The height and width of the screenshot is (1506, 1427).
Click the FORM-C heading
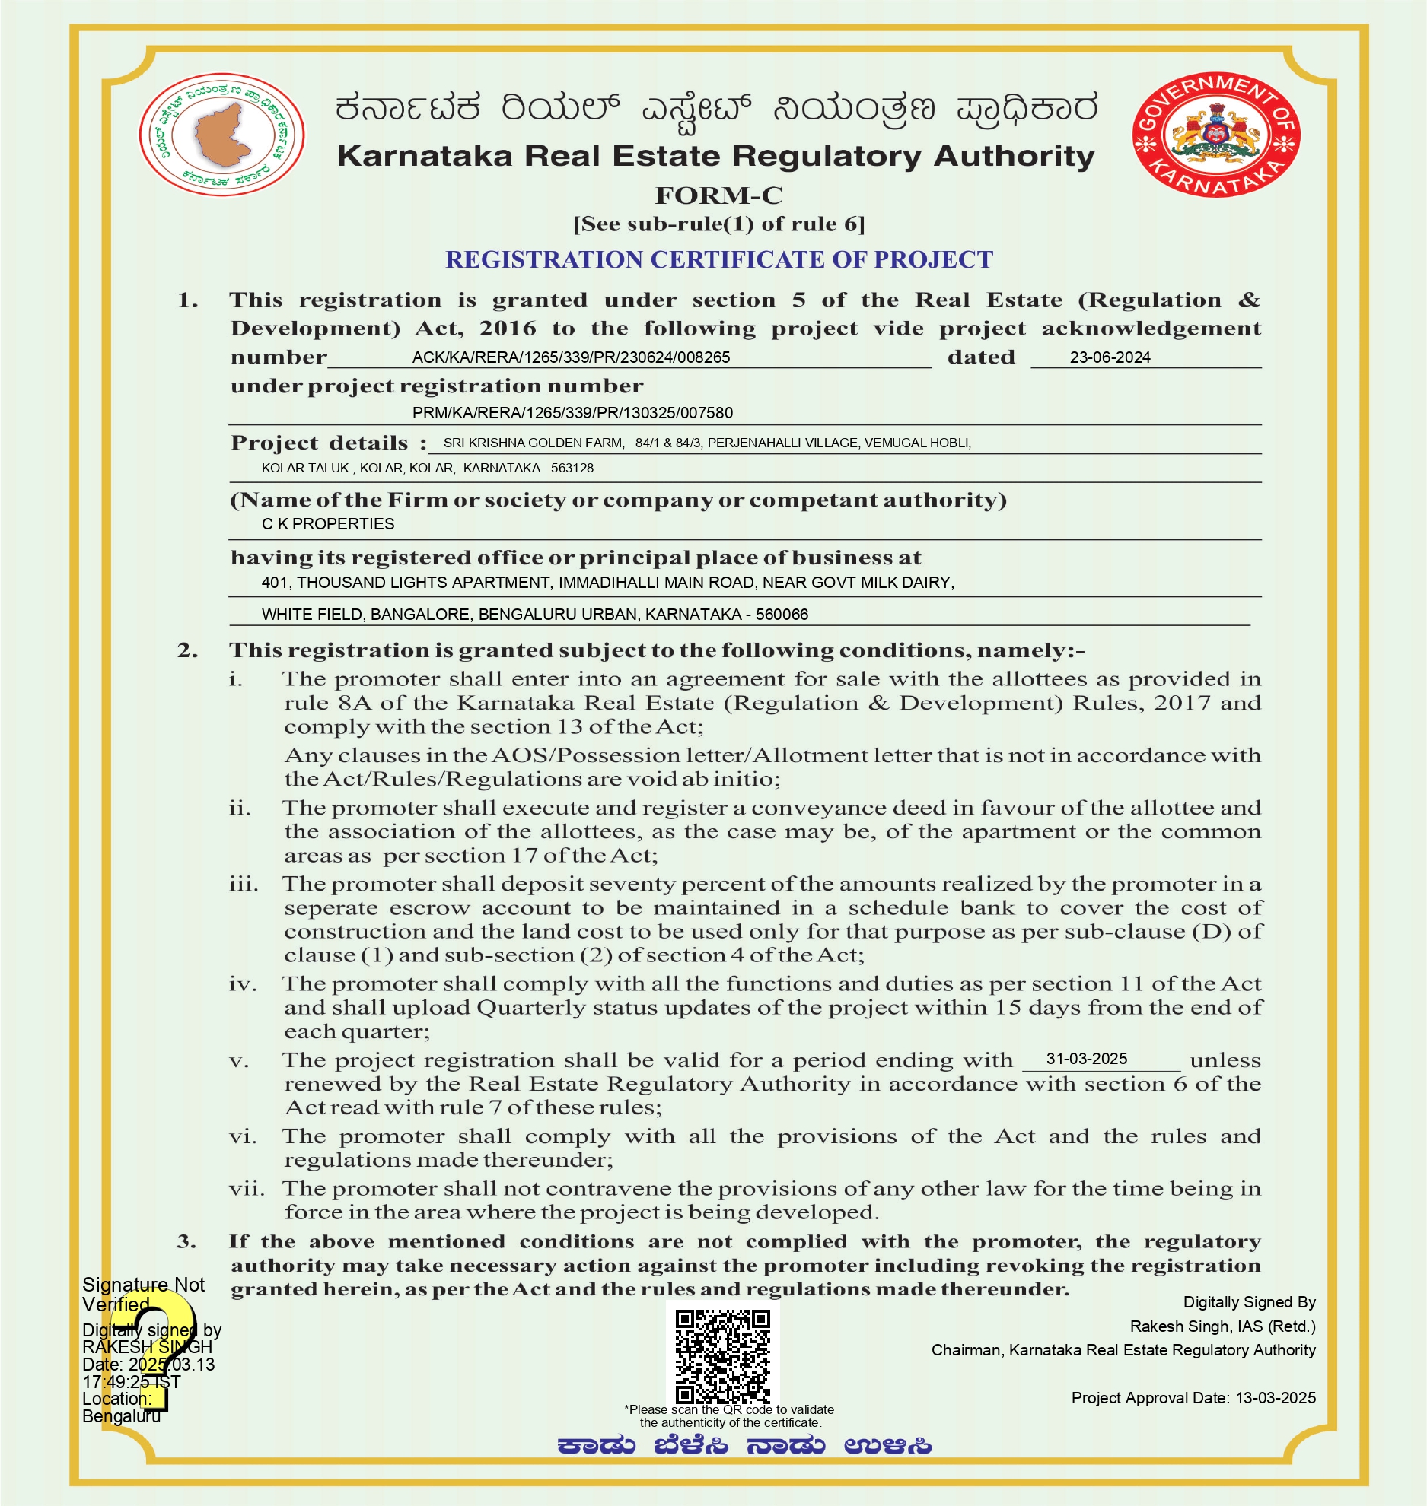[x=718, y=195]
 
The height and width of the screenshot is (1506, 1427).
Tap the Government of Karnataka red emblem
[x=1215, y=135]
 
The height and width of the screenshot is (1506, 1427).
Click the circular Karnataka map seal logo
[x=222, y=135]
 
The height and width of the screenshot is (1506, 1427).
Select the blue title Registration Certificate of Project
[x=718, y=259]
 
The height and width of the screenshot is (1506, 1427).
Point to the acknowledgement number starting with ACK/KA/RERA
[x=571, y=357]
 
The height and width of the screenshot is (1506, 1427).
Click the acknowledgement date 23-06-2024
[x=1110, y=357]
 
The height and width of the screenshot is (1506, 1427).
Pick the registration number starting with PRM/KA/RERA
[x=572, y=413]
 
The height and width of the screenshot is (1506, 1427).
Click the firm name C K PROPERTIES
[x=328, y=524]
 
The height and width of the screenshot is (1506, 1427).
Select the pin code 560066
[x=782, y=615]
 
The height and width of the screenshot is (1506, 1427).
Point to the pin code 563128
[x=572, y=468]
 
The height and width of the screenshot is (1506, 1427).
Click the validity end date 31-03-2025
[x=1086, y=1059]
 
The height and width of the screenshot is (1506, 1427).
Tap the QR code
[x=722, y=1356]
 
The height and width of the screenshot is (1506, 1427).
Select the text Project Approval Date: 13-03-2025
[x=1193, y=1398]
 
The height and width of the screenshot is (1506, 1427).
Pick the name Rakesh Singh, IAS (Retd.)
[x=1222, y=1326]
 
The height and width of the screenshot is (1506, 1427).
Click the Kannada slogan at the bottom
[x=744, y=1446]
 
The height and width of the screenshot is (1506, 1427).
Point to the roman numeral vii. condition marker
[x=247, y=1189]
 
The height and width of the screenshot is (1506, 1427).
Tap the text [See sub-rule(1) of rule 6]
[x=718, y=224]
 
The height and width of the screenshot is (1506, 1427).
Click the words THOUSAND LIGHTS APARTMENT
[x=423, y=583]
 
